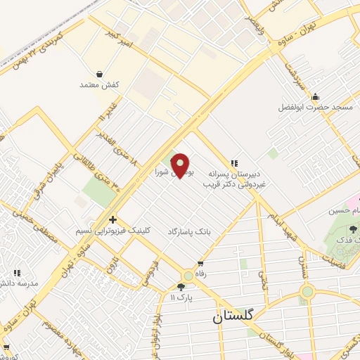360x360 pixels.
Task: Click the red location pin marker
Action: pos(181,165)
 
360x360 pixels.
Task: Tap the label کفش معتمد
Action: pos(99,84)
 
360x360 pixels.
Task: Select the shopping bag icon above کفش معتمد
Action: pos(99,74)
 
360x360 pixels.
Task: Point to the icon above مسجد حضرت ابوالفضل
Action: pos(315,97)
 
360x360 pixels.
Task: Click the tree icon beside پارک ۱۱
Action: pos(181,286)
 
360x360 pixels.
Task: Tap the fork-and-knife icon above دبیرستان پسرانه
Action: pos(234,162)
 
